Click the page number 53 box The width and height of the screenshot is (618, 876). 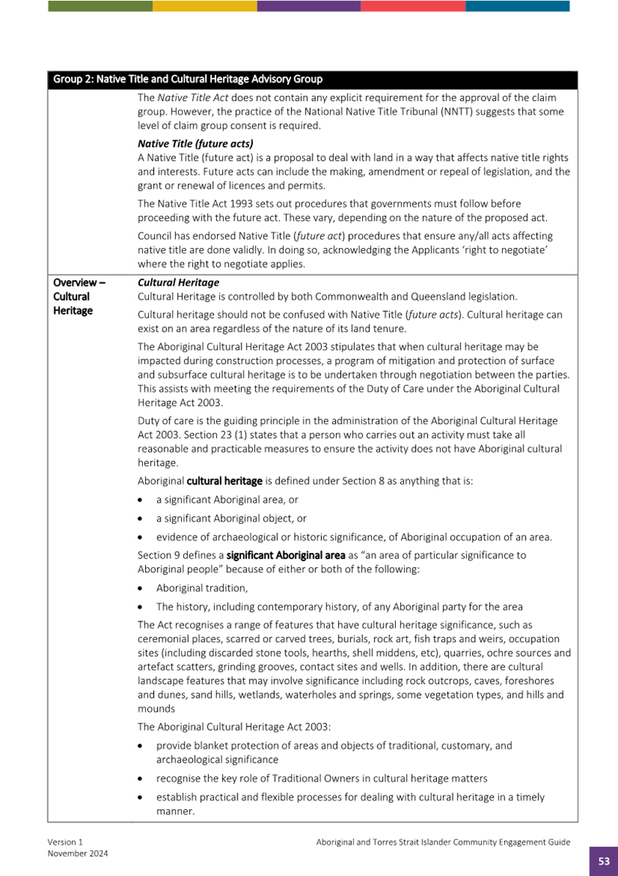[x=603, y=861]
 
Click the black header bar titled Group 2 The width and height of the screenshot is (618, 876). [x=312, y=79]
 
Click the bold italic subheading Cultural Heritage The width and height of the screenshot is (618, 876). [x=178, y=282]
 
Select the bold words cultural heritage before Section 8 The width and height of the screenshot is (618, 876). [x=224, y=481]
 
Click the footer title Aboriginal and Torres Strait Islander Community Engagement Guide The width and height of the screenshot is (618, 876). [x=443, y=843]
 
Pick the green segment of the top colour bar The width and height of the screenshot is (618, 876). [x=100, y=6]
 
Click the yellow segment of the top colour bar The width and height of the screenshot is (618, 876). [x=205, y=6]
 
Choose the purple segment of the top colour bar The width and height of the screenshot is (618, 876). [x=309, y=6]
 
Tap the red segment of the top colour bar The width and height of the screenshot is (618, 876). [x=413, y=6]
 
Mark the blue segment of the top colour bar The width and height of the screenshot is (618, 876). [x=518, y=6]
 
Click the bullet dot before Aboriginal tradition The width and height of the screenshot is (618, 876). [x=142, y=588]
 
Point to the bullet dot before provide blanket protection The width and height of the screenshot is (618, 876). [x=142, y=745]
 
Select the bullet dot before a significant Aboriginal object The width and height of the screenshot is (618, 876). [x=142, y=518]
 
